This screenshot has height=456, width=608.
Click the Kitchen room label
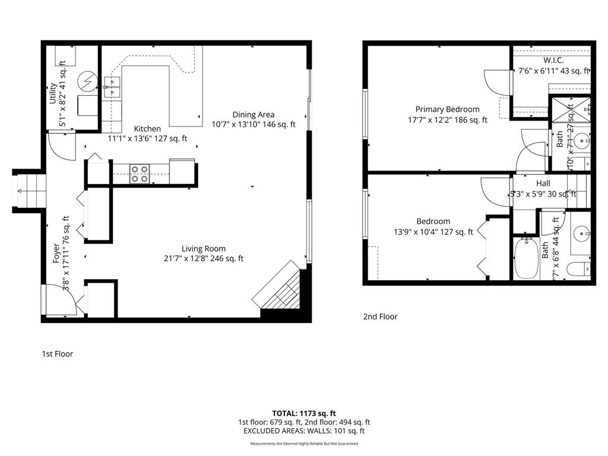tap(147, 129)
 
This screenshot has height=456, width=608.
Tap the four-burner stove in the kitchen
tap(140, 173)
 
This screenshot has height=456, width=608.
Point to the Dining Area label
tap(254, 115)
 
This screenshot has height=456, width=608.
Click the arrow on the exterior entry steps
tap(22, 191)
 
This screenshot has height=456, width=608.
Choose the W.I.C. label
tap(553, 61)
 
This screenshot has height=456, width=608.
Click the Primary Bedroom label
tap(447, 109)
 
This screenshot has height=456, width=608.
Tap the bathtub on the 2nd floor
tap(525, 259)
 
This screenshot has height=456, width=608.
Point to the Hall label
tap(543, 183)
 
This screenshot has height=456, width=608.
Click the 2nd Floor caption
tap(380, 316)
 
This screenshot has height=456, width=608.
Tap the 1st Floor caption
tap(57, 354)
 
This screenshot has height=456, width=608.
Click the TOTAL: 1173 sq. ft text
tap(304, 413)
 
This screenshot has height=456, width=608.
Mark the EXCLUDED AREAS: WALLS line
tap(304, 430)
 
